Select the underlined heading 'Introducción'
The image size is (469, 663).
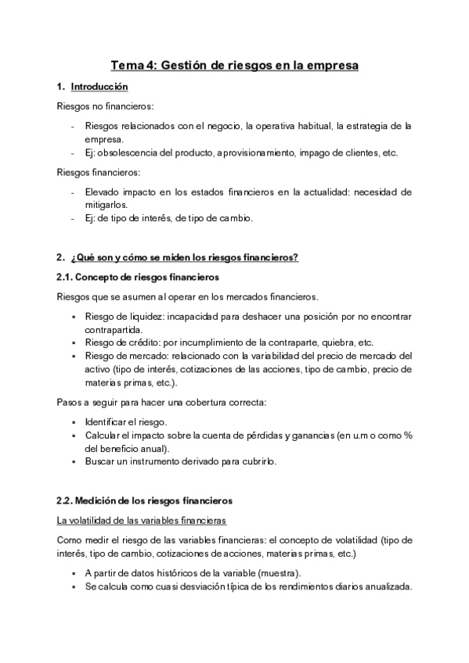pyautogui.click(x=99, y=87)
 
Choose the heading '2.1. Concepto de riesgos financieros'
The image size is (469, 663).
pyautogui.click(x=137, y=278)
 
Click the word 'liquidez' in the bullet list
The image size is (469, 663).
pyautogui.click(x=143, y=315)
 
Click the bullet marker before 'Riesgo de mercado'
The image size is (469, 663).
pyautogui.click(x=74, y=357)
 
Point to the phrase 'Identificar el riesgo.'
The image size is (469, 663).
pyautogui.click(x=125, y=422)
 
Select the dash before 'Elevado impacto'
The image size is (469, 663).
pyautogui.click(x=73, y=191)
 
